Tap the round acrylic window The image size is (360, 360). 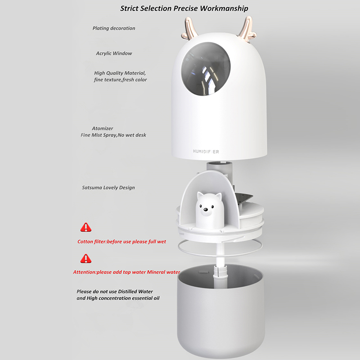[206, 69]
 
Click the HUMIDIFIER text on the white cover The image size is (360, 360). [206, 152]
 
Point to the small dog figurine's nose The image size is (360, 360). [206, 209]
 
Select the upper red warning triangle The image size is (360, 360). [86, 227]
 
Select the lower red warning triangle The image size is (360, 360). [86, 258]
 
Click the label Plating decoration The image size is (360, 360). [114, 28]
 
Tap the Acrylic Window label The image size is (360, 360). [114, 53]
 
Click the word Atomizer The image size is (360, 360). [103, 128]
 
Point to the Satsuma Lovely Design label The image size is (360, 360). [108, 188]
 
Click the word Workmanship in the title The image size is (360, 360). [224, 9]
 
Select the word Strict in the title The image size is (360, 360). [130, 9]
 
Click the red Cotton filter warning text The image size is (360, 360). [121, 242]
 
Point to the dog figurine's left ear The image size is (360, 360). [200, 195]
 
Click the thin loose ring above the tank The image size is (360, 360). [220, 254]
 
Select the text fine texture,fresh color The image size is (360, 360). [120, 80]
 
